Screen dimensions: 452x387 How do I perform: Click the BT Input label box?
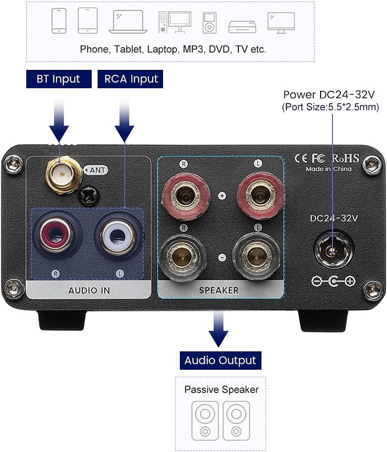tap(58, 79)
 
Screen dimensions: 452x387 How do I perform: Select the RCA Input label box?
tap(130, 79)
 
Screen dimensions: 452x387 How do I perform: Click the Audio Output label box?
tap(220, 360)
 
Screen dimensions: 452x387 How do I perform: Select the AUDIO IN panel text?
tap(89, 290)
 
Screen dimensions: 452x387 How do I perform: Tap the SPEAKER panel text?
tap(219, 290)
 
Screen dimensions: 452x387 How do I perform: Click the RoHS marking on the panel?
tap(345, 158)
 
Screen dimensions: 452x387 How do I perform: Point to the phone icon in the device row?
tap(59, 22)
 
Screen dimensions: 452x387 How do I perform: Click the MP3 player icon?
tap(210, 22)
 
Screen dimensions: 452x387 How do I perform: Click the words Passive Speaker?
tap(221, 390)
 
